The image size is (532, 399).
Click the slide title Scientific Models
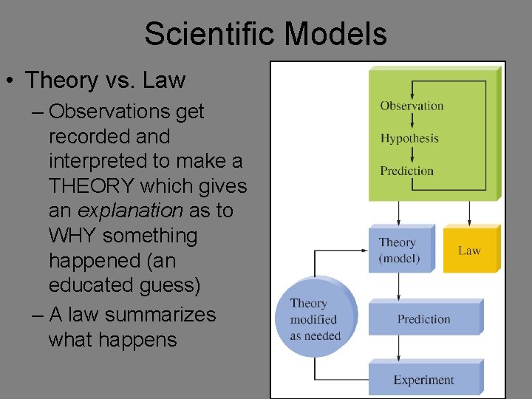coord(265,34)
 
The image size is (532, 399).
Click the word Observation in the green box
coord(412,106)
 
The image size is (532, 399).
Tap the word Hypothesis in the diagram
coord(409,138)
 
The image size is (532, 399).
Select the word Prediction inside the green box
coord(406,171)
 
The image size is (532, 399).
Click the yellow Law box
coord(470,250)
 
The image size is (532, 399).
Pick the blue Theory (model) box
coord(399,250)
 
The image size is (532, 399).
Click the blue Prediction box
coord(423,319)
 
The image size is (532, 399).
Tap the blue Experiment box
coord(423,380)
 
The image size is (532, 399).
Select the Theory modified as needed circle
coord(313,319)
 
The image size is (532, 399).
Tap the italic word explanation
coord(129,211)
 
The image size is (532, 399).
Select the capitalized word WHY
coord(72,236)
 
